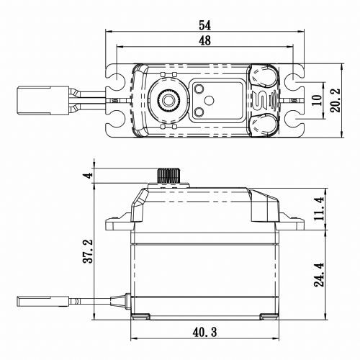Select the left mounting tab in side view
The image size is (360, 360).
116,219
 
